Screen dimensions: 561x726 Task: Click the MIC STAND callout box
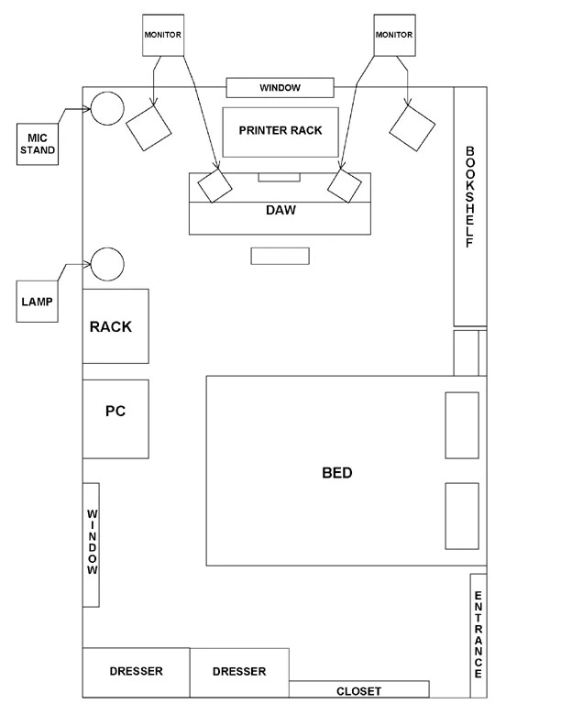[x=38, y=144]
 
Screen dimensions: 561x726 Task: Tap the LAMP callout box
[x=37, y=302]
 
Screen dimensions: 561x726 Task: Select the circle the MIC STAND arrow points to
[x=107, y=108]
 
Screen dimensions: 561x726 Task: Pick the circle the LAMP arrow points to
[x=107, y=264]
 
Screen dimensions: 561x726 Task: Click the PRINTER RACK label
[x=280, y=130]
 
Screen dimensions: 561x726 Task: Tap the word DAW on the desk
[x=280, y=210]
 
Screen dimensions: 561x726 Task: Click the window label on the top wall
[x=280, y=88]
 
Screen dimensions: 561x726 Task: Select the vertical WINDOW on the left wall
[x=91, y=545]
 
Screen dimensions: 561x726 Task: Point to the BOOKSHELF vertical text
[x=470, y=197]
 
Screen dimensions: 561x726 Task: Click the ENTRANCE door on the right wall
[x=478, y=635]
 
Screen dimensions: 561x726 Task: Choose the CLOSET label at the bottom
[x=358, y=691]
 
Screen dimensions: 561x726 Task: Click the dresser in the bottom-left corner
[x=136, y=672]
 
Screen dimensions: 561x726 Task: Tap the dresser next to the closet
[x=240, y=673]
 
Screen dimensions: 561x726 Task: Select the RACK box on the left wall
[x=115, y=326]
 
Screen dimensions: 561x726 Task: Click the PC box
[x=115, y=419]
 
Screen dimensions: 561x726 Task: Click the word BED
[x=337, y=473]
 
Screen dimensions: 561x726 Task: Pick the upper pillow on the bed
[x=462, y=425]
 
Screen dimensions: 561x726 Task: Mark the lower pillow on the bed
[x=462, y=516]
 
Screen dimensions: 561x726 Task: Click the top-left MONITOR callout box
[x=163, y=35]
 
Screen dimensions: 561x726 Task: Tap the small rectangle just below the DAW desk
[x=280, y=256]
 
